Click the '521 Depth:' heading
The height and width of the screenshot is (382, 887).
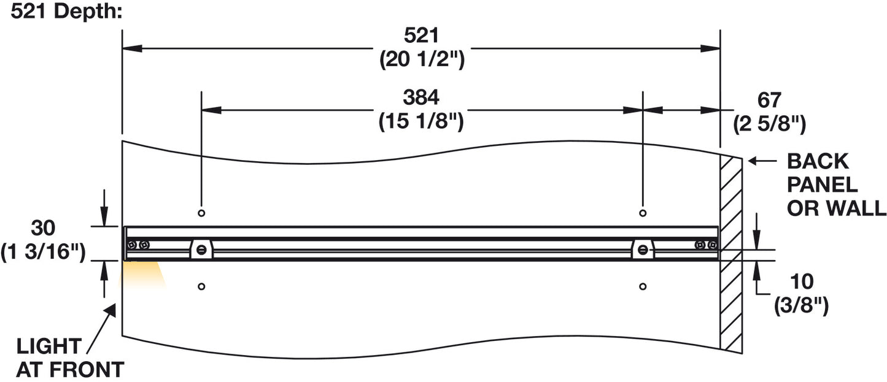[x=66, y=12]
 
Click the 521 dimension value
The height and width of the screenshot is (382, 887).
[x=421, y=36]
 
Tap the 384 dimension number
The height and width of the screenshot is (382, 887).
[x=421, y=97]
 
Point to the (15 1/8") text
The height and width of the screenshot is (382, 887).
[x=421, y=121]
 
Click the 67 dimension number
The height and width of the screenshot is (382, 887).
[x=769, y=100]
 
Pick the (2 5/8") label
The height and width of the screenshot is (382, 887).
[x=769, y=124]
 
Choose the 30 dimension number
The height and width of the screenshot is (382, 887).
[x=43, y=227]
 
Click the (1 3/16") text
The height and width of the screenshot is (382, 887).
[x=43, y=252]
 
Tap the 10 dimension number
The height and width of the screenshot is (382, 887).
[x=802, y=281]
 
